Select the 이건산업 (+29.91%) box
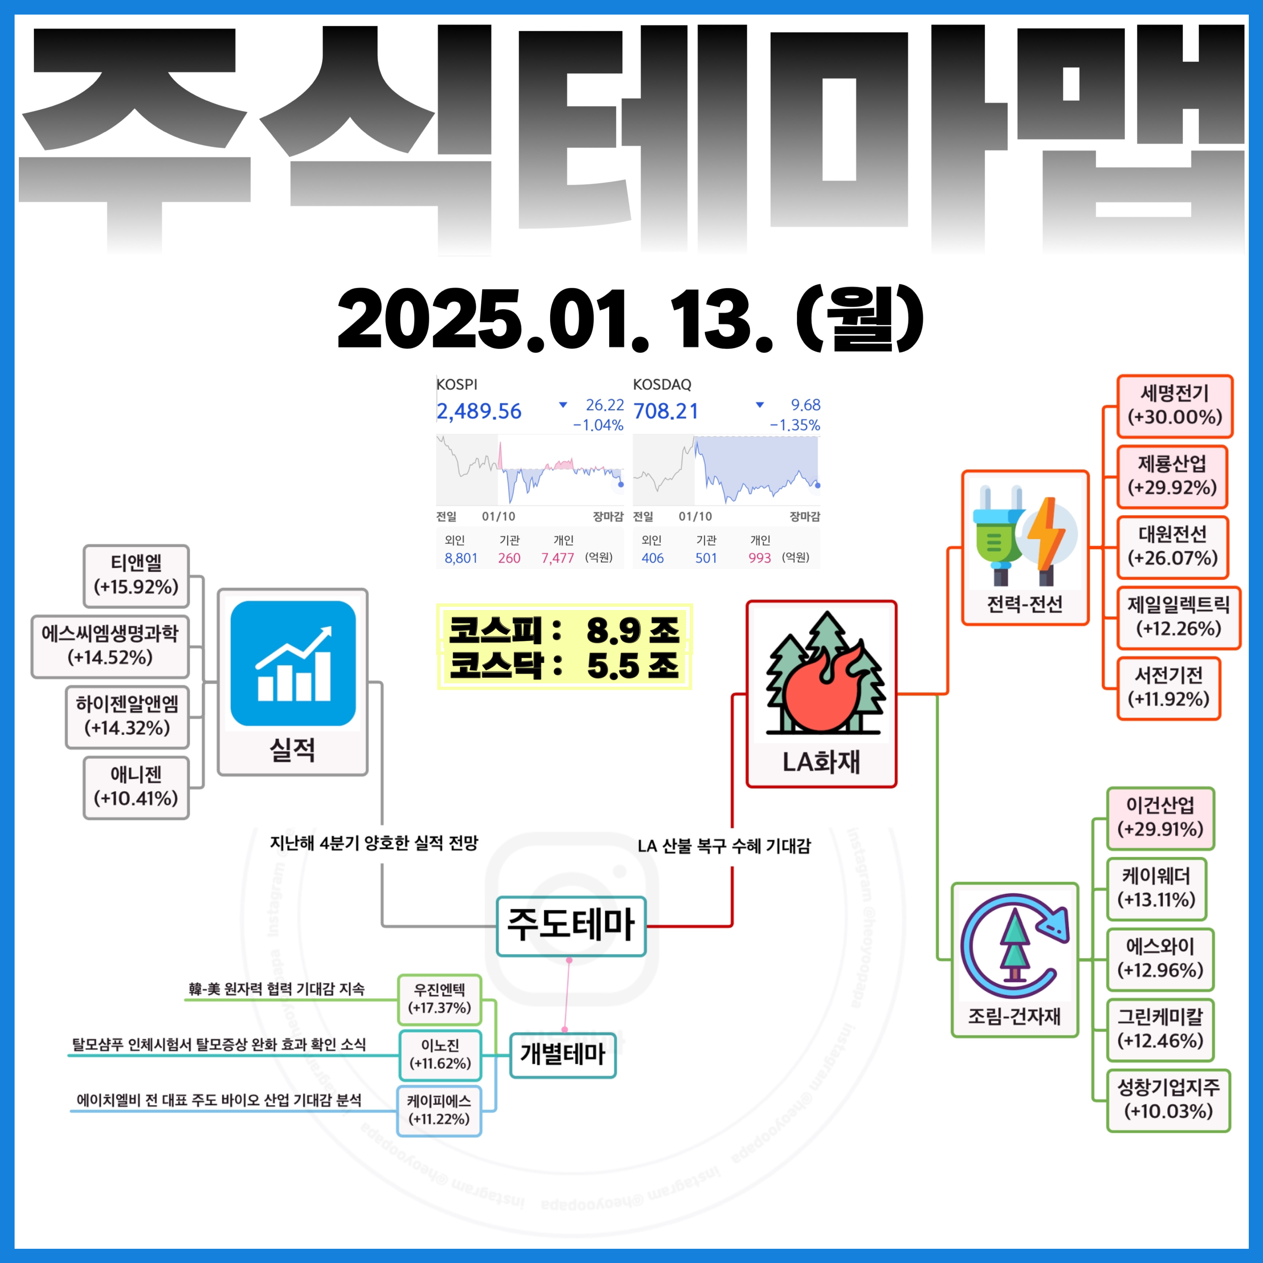pos(1161,818)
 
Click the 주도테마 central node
pos(571,926)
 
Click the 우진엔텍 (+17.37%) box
pos(439,999)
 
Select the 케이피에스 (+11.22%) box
pos(439,1111)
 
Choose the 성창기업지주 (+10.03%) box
pos(1168,1100)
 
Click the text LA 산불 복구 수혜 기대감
pos(724,846)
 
